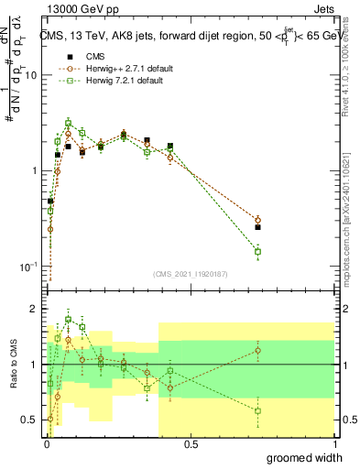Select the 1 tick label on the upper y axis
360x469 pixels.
tap(36, 171)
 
